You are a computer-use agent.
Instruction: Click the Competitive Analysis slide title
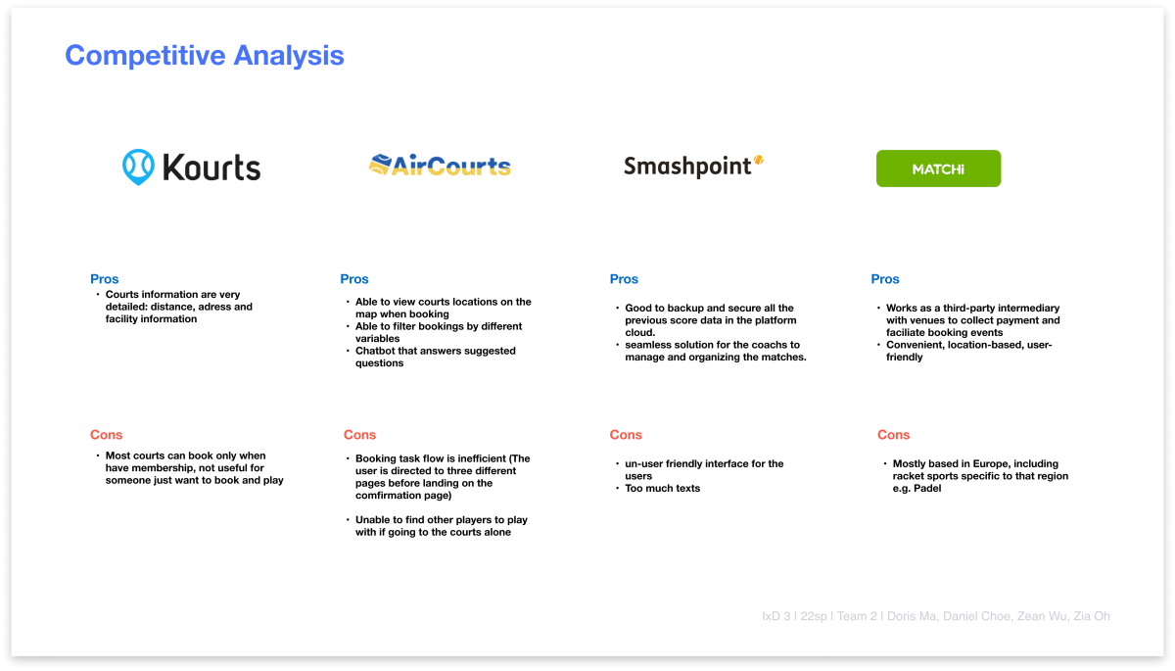tap(205, 56)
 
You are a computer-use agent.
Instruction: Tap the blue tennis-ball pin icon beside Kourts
tap(138, 167)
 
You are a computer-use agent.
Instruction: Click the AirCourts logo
tap(440, 166)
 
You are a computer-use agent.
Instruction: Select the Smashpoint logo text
tap(687, 167)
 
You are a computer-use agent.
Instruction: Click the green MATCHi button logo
tap(938, 168)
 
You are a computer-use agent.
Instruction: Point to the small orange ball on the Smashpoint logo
tap(759, 160)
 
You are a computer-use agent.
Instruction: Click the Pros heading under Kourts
tap(105, 279)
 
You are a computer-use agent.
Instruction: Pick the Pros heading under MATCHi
tap(885, 279)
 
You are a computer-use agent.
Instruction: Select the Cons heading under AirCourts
tap(360, 435)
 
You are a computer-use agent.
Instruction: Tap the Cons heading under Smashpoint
tap(626, 435)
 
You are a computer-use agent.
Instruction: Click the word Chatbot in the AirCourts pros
tap(376, 351)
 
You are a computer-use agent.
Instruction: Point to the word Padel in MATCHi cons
tap(927, 489)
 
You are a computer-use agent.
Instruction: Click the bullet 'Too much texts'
tap(663, 489)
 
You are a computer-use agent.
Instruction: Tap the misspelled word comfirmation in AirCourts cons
tap(389, 496)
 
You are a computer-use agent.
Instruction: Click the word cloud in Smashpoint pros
tap(639, 333)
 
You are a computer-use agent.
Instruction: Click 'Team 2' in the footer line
tap(857, 616)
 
